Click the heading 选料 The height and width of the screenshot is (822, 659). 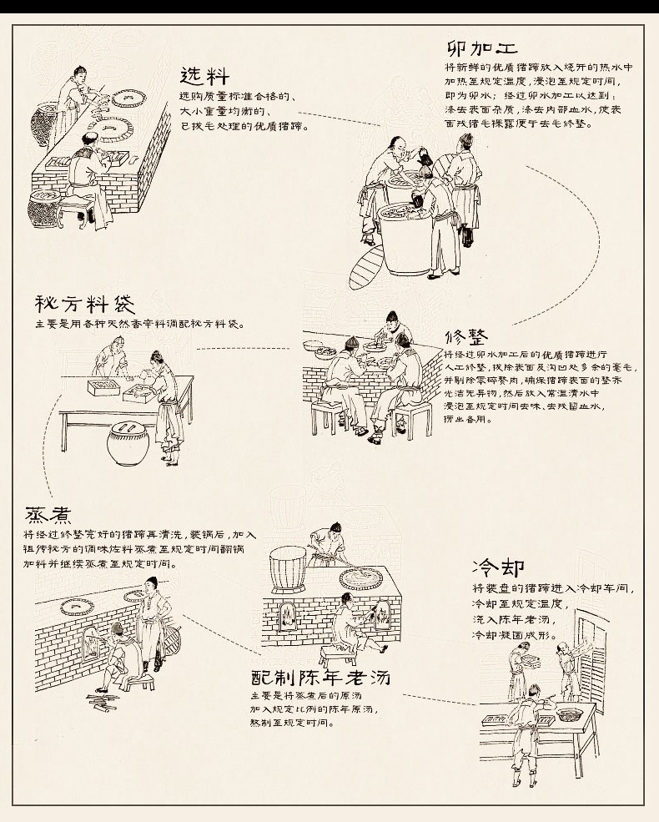(x=204, y=77)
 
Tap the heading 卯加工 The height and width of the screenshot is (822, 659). (x=482, y=48)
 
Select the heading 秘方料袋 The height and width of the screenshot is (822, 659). (x=84, y=303)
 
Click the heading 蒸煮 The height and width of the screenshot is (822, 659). (x=46, y=515)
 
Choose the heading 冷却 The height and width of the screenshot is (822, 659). (x=498, y=568)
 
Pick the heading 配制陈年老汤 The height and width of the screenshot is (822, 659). (x=320, y=676)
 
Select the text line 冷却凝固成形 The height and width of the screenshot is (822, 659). (x=512, y=635)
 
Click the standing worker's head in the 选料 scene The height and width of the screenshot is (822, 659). (x=80, y=72)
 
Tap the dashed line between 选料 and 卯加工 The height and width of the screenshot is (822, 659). (x=338, y=118)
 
